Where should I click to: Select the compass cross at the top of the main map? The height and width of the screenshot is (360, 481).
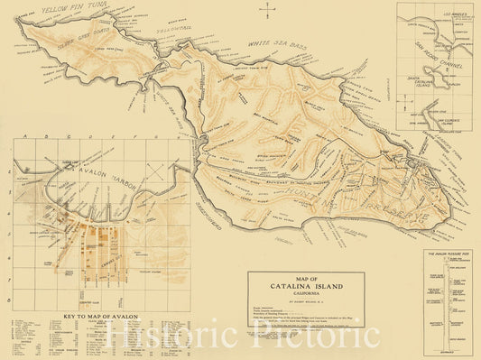(268, 11)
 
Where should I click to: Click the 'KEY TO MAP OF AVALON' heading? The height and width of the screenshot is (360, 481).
(100, 316)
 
